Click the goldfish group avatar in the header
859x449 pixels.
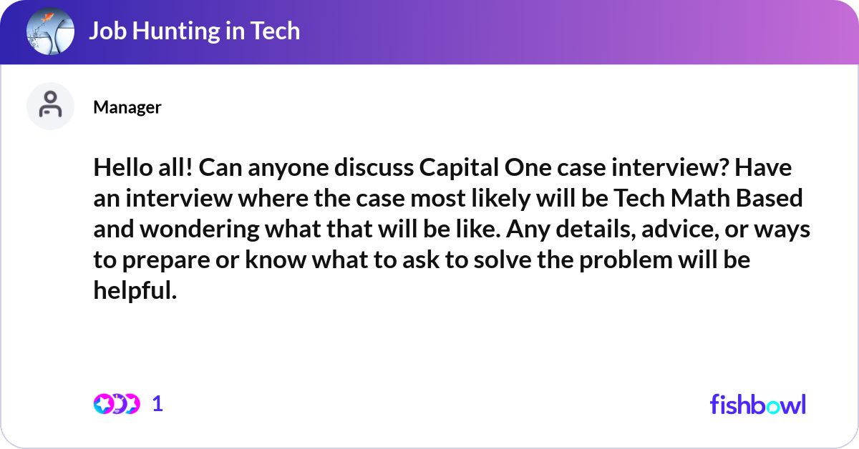(50, 31)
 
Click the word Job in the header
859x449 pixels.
(108, 31)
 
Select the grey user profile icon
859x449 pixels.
(50, 106)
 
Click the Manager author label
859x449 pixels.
(127, 107)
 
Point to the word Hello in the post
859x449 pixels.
(123, 167)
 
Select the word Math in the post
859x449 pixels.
(700, 198)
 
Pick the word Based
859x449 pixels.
(770, 198)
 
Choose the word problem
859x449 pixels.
(626, 260)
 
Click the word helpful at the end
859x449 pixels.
(135, 290)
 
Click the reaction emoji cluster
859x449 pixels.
(117, 404)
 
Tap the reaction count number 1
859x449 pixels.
(157, 404)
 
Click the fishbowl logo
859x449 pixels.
(758, 404)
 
